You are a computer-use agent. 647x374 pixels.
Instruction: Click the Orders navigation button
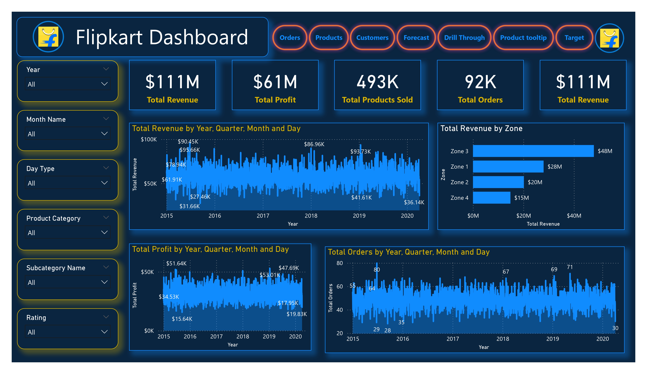click(290, 38)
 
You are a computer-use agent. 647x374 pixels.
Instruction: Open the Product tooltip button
click(523, 38)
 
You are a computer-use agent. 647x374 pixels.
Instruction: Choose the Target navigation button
click(574, 38)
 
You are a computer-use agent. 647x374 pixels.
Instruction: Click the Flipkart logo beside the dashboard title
click(48, 37)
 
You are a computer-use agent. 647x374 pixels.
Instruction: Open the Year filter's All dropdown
click(68, 84)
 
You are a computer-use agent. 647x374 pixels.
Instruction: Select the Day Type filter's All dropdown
click(68, 183)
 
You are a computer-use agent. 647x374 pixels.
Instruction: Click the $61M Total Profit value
click(275, 82)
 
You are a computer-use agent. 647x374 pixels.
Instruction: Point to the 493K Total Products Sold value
click(377, 82)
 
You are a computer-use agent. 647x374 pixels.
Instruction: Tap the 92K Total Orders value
click(480, 82)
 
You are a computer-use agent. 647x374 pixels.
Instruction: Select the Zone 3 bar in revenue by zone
click(533, 151)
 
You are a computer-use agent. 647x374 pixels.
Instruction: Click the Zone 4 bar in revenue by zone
click(491, 198)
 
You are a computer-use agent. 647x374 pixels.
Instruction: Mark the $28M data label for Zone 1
click(555, 167)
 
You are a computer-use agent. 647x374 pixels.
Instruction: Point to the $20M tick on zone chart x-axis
click(524, 216)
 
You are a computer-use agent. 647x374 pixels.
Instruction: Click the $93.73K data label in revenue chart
click(360, 151)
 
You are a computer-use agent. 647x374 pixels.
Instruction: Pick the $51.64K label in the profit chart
click(176, 263)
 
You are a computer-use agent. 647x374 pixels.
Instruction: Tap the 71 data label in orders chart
click(570, 267)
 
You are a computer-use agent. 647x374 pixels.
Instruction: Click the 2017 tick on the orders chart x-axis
click(453, 339)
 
